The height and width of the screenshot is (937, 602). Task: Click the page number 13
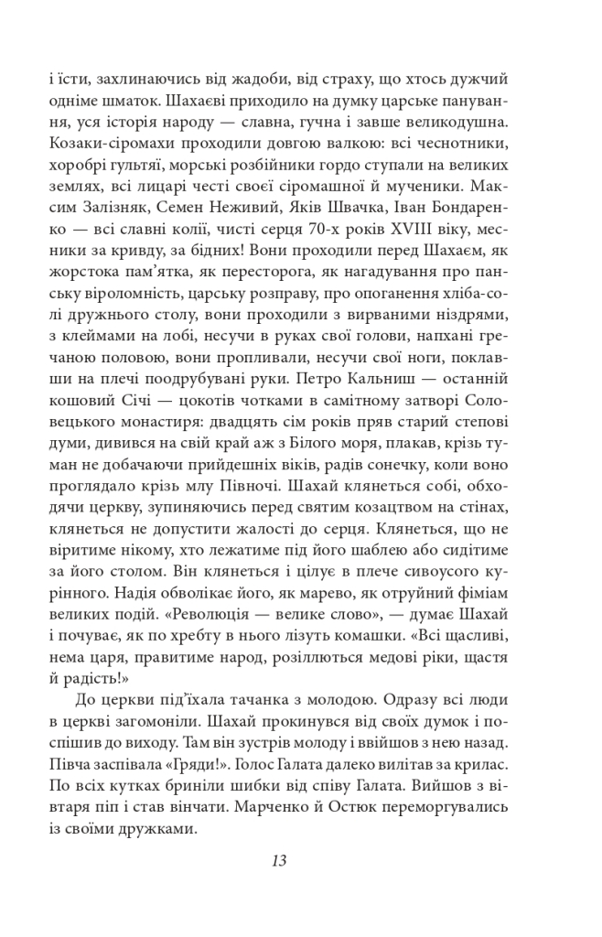[x=280, y=861]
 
